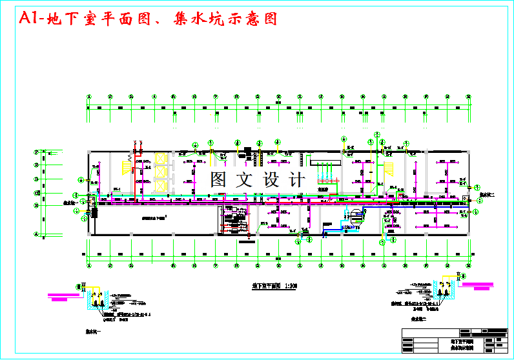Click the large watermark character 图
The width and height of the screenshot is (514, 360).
click(218, 179)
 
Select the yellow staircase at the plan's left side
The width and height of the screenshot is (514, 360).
click(125, 166)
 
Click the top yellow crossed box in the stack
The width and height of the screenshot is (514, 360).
click(160, 159)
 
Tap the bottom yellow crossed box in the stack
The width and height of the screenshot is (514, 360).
click(160, 186)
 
